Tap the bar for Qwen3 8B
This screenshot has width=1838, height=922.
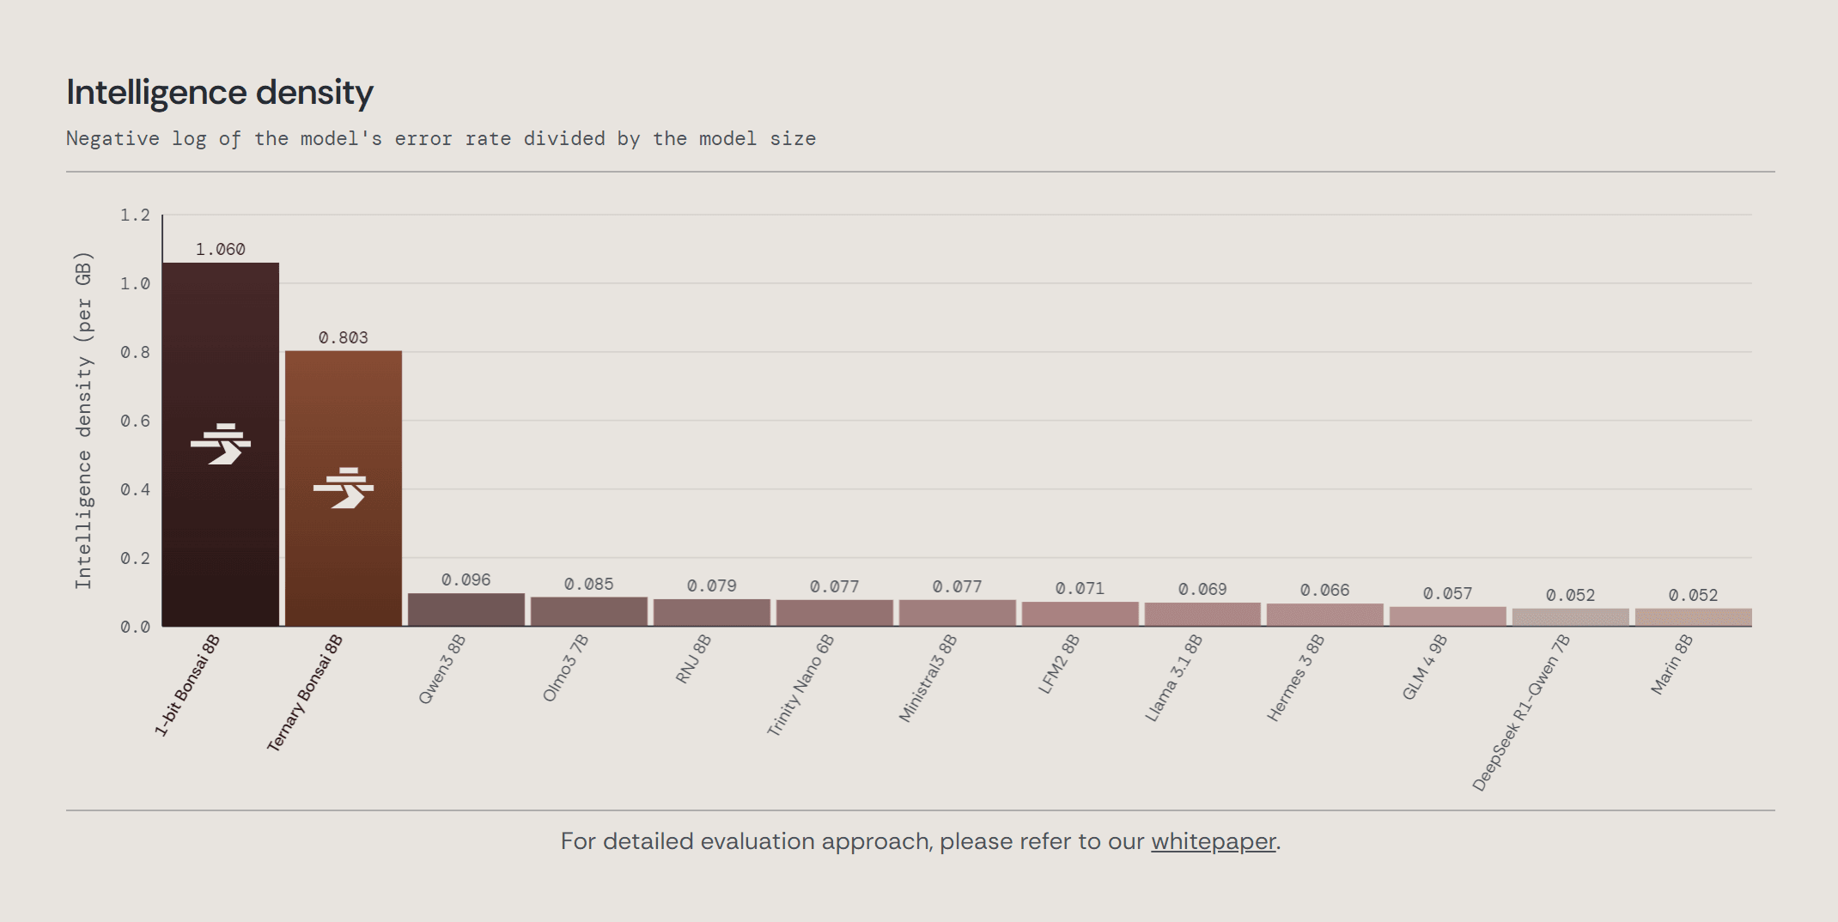pyautogui.click(x=466, y=610)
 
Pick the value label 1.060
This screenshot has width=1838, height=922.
pyautogui.click(x=221, y=250)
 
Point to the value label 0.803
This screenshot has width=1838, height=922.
pyautogui.click(x=344, y=338)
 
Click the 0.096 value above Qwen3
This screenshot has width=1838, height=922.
pyautogui.click(x=466, y=580)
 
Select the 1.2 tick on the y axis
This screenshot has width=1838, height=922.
pyautogui.click(x=135, y=215)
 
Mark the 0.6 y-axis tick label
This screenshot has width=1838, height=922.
pyautogui.click(x=135, y=422)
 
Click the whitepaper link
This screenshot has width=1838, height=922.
pyautogui.click(x=1213, y=841)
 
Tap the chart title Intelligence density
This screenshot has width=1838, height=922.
pyautogui.click(x=220, y=93)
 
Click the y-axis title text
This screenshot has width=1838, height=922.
pyautogui.click(x=83, y=421)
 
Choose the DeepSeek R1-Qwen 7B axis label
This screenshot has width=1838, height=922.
pyautogui.click(x=1520, y=713)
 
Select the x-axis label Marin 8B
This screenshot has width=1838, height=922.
pyautogui.click(x=1671, y=664)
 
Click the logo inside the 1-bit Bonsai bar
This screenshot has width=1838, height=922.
pyautogui.click(x=221, y=444)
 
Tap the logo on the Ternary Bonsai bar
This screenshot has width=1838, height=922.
pyautogui.click(x=344, y=488)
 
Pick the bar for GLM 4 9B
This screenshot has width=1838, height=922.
pyautogui.click(x=1448, y=616)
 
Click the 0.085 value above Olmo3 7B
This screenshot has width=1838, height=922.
pyautogui.click(x=589, y=585)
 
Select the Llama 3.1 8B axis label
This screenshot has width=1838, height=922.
pyautogui.click(x=1173, y=678)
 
